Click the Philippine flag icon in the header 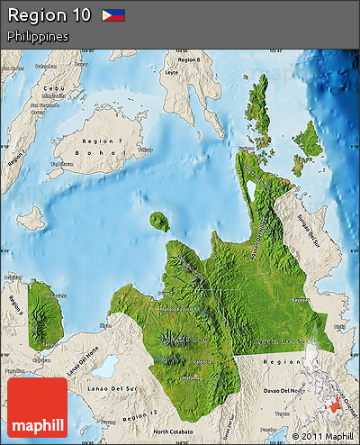[x=113, y=15]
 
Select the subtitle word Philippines [x=38, y=36]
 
